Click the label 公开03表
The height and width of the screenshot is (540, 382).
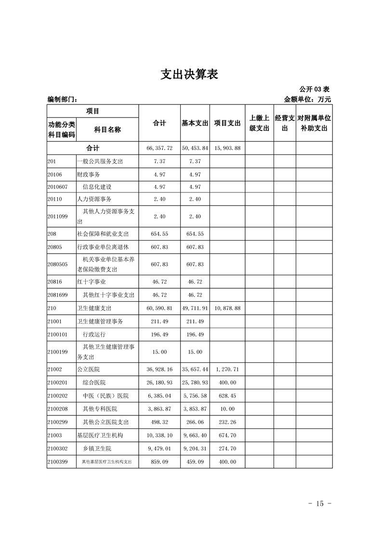click(314, 89)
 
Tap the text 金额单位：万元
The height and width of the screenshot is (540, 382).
click(308, 100)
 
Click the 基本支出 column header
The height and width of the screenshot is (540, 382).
click(195, 123)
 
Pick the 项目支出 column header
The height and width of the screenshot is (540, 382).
click(227, 123)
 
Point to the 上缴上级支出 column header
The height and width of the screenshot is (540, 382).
click(259, 123)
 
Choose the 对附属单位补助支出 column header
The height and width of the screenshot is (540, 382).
click(314, 123)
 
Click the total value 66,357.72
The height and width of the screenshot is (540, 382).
click(159, 148)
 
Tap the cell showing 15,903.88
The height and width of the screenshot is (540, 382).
click(227, 148)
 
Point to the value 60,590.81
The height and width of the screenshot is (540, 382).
click(159, 308)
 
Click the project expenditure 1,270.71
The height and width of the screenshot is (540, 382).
click(227, 370)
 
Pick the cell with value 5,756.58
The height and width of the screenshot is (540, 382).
click(195, 396)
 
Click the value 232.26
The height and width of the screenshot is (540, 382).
click(227, 422)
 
